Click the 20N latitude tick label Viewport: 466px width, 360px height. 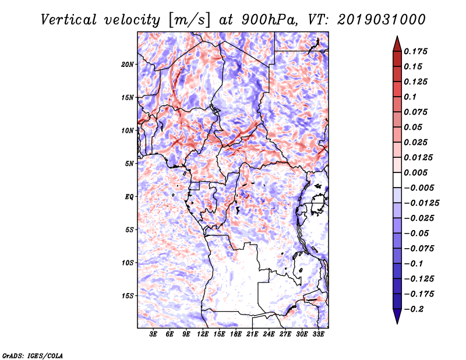[128, 65]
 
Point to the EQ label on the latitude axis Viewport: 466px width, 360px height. [129, 197]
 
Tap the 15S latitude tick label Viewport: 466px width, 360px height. [128, 296]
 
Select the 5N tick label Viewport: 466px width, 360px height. [129, 164]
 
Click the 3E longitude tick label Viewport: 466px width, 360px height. [153, 334]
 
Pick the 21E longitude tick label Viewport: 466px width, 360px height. [252, 334]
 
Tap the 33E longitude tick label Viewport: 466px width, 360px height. [318, 334]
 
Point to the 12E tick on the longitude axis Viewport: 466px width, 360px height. [202, 334]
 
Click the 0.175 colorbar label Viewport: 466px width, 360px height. [415, 51]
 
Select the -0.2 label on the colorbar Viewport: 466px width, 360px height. [414, 309]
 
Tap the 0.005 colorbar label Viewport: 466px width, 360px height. [415, 172]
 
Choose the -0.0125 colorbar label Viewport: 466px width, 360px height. [421, 203]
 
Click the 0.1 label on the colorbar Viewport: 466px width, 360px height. [410, 97]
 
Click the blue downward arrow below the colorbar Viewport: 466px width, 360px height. [397, 316]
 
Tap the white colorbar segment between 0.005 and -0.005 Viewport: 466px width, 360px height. [397, 180]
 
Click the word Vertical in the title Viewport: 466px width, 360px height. [68, 20]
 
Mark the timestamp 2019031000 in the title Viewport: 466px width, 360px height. [382, 20]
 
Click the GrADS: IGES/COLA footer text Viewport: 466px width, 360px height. [33, 355]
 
